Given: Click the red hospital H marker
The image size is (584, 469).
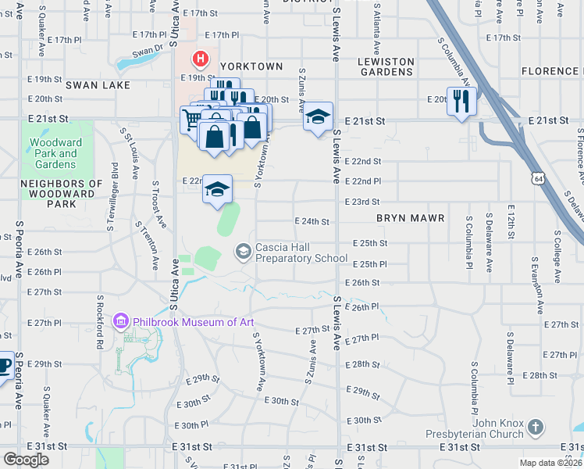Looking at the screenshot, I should point(201,59).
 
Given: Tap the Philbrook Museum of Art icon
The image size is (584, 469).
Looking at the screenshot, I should point(120,321).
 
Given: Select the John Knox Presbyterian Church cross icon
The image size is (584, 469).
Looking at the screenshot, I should point(535,427).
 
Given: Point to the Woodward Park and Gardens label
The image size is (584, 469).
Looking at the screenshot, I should point(54,154).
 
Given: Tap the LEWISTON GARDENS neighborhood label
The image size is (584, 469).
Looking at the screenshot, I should point(385,66).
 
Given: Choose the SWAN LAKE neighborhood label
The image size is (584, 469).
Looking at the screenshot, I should point(97,84).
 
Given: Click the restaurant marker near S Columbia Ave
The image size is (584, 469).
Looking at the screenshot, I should point(461,101).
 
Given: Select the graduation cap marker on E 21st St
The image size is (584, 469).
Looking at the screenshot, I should point(318,116).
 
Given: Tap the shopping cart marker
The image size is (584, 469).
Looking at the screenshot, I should point(192,120).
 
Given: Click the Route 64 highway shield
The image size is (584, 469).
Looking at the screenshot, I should point(536,179).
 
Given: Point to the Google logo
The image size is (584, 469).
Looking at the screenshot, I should point(26,460).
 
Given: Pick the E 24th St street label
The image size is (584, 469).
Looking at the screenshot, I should point(312,222).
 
